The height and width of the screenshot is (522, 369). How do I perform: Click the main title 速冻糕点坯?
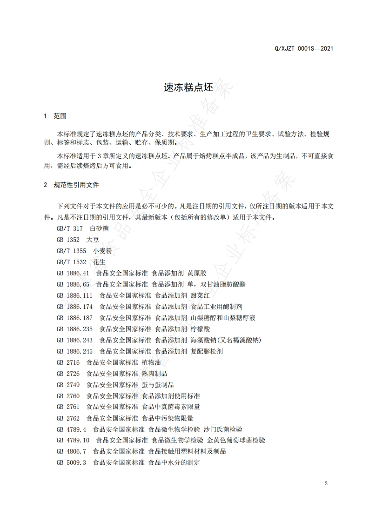(x=184, y=87)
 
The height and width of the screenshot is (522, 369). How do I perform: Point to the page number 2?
(x=326, y=483)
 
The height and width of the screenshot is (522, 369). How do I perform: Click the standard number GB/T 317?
(x=69, y=228)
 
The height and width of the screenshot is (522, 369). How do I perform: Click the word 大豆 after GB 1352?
(x=93, y=240)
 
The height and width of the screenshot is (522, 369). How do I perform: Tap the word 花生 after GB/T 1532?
(x=100, y=262)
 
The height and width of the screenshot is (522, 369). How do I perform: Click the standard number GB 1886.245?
(x=74, y=351)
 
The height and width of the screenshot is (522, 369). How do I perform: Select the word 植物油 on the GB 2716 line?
(x=151, y=362)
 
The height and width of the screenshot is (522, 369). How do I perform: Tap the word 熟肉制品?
(x=154, y=374)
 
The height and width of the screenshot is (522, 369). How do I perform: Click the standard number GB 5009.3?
(x=71, y=463)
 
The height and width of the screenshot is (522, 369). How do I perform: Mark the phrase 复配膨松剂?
(x=207, y=351)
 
